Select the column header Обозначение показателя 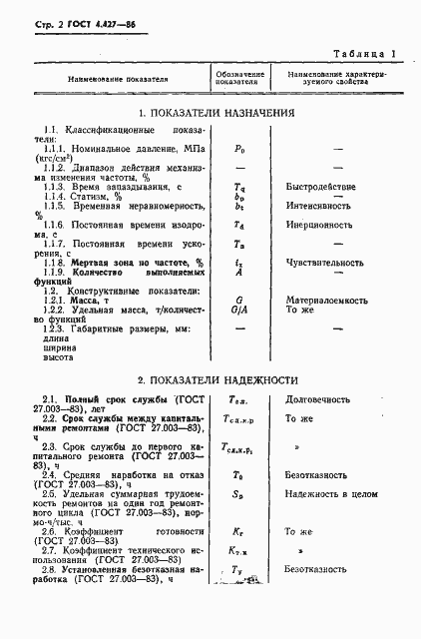pyautogui.click(x=239, y=79)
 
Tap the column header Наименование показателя pyautogui.click(x=119, y=79)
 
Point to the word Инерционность pyautogui.click(x=317, y=226)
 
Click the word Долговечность pyautogui.click(x=316, y=400)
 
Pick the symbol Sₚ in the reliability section pyautogui.click(x=239, y=493)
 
